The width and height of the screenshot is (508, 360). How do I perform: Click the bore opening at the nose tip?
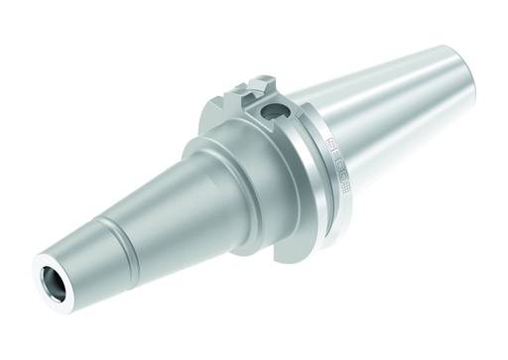53,280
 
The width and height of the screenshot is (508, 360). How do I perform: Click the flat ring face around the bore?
42,271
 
